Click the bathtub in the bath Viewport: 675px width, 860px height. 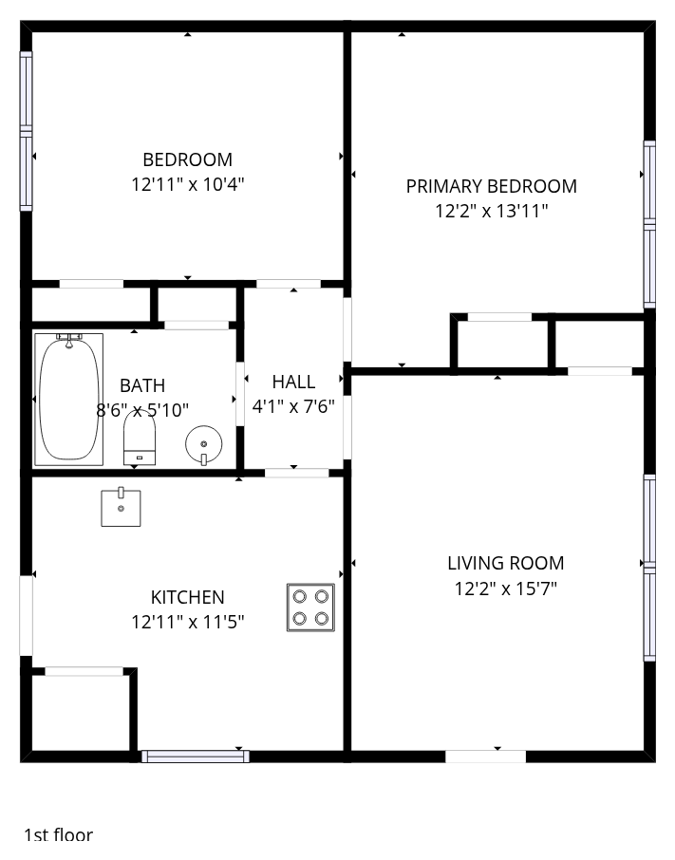[69, 400]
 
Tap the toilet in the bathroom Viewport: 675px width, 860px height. [140, 438]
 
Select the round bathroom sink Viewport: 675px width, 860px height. [203, 444]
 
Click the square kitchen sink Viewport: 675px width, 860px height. [121, 507]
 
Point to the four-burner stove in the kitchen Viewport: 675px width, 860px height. [310, 608]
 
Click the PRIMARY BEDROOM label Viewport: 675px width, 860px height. [492, 186]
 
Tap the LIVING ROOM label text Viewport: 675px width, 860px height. [506, 563]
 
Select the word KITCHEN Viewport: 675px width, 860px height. [188, 597]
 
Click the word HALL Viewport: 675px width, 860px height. [293, 382]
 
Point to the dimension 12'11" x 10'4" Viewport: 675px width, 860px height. [188, 184]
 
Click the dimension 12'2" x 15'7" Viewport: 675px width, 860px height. [506, 589]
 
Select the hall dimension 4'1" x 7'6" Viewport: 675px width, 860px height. [293, 406]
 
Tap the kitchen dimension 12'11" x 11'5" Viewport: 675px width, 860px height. [188, 622]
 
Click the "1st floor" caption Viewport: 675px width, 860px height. [58, 835]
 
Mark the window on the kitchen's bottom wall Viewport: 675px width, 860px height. [196, 757]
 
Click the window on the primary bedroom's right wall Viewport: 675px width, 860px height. [649, 224]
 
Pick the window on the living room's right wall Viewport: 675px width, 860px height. [649, 568]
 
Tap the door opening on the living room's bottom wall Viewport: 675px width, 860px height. [485, 757]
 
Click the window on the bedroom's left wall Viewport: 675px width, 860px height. [27, 131]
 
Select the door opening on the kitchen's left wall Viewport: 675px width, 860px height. [27, 615]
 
